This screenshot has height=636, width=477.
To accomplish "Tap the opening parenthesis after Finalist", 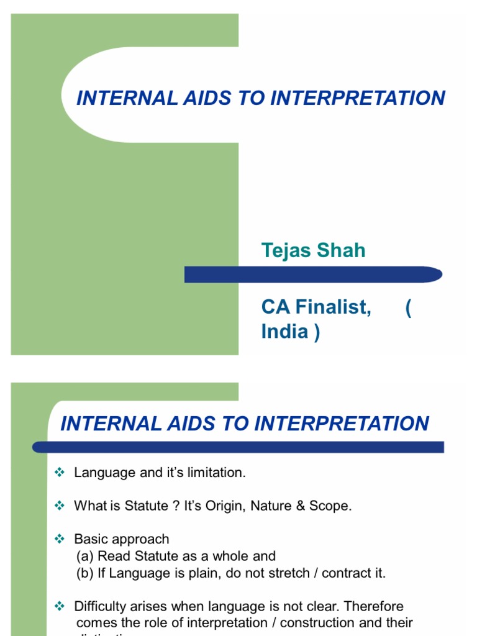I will [x=408, y=307].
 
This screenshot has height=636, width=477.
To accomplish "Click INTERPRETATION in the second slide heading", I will [x=342, y=424].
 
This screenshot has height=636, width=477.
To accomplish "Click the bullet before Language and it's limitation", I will [x=60, y=473].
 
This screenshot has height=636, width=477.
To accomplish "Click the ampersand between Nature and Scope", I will [x=301, y=506].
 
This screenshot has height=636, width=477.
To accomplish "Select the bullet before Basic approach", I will [x=60, y=539].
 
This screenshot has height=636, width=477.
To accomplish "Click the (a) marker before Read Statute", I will [x=85, y=556].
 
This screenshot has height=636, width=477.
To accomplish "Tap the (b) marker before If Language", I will [x=85, y=573].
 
